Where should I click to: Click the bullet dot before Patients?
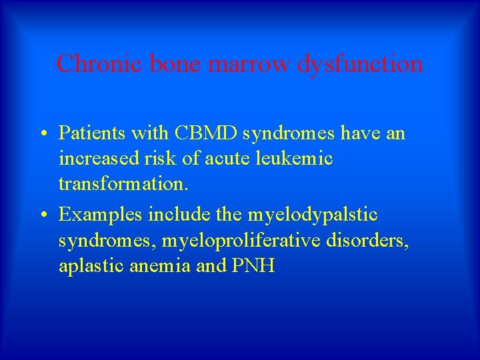42,133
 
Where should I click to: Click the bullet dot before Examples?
42,215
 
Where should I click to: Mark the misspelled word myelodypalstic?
313,215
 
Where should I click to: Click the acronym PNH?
253,266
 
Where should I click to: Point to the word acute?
241,159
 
